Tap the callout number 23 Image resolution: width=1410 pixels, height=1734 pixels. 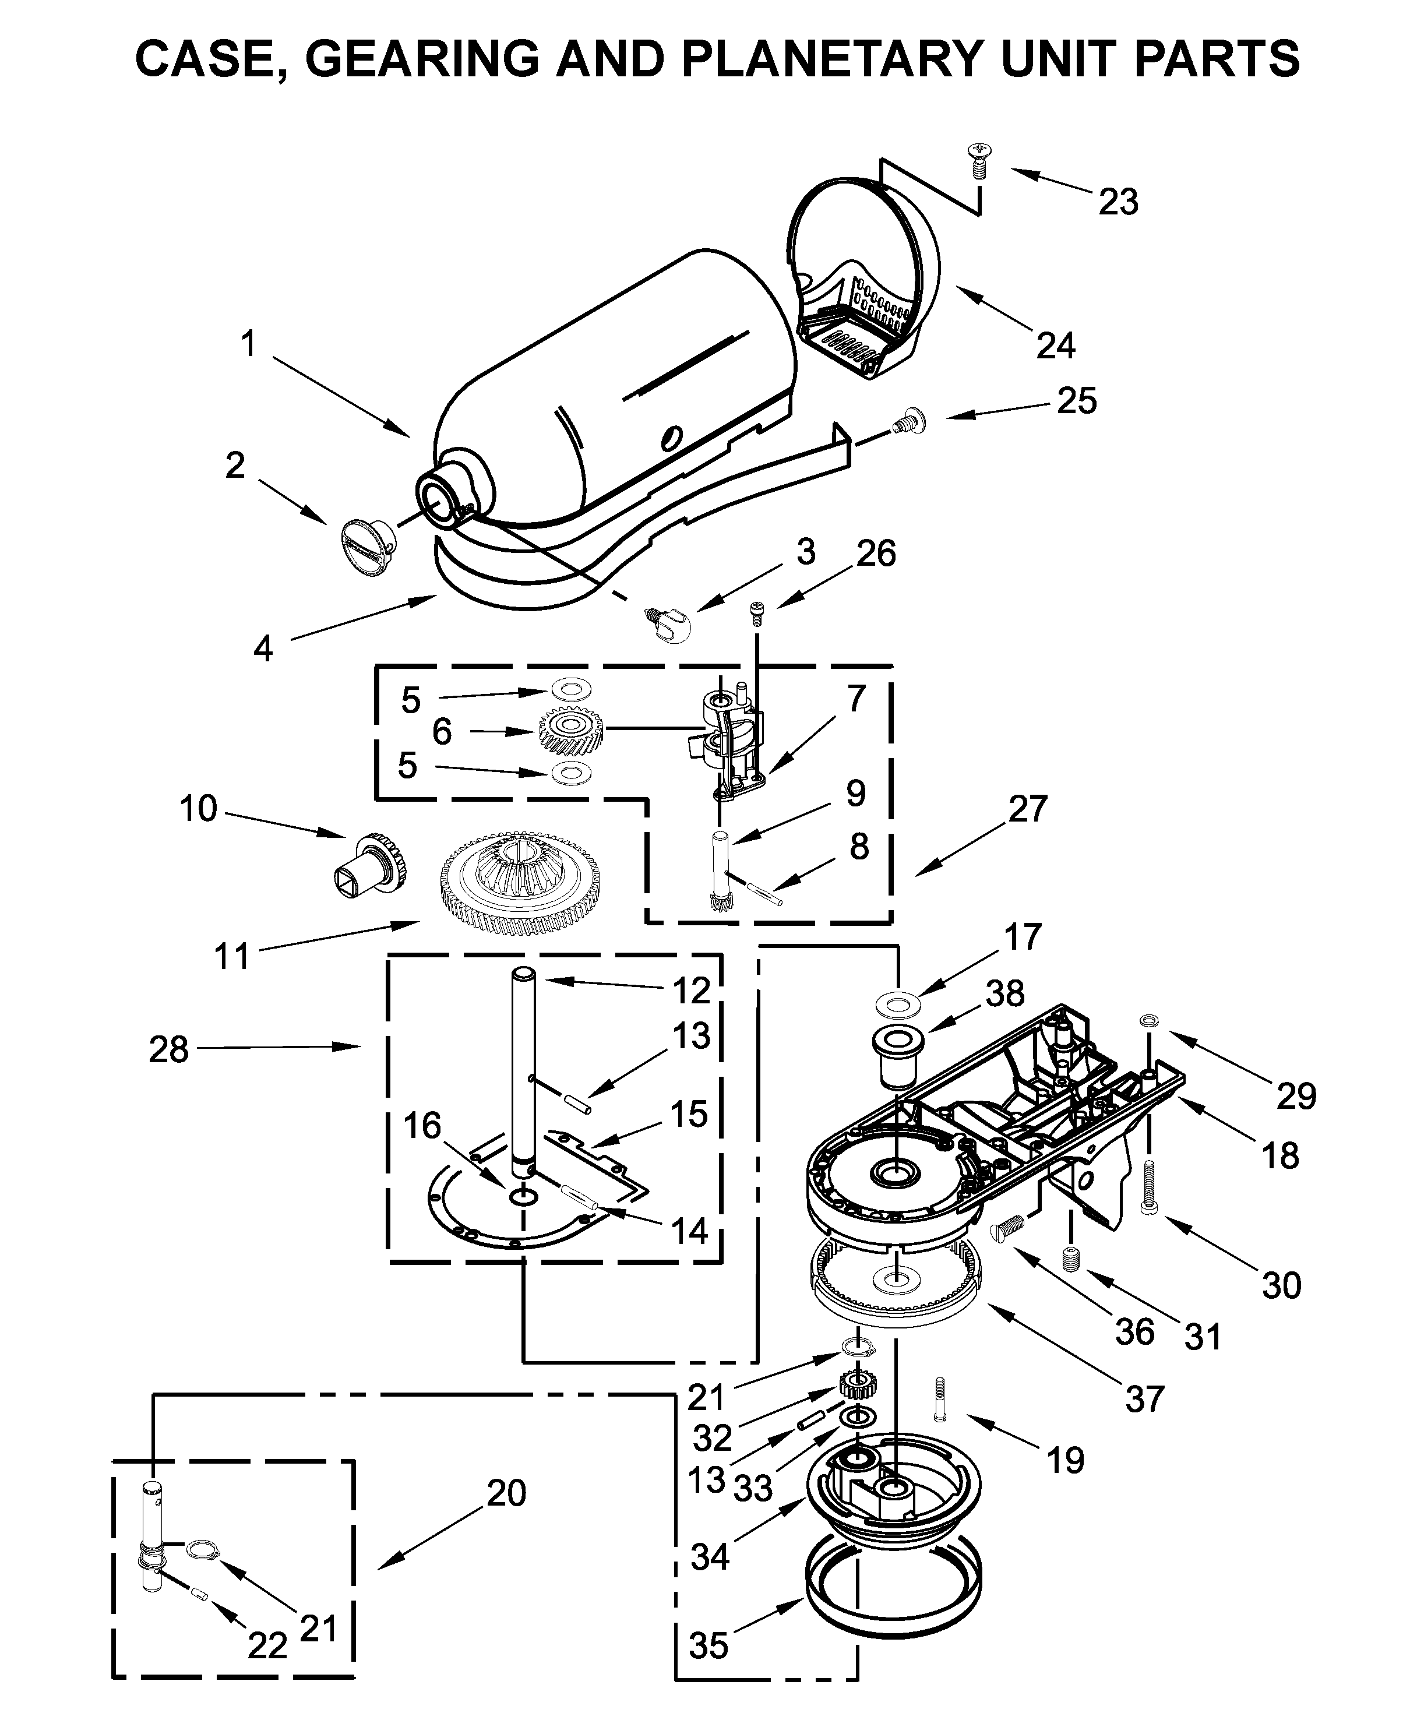click(x=1119, y=202)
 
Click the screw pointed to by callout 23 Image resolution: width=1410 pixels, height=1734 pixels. click(x=979, y=159)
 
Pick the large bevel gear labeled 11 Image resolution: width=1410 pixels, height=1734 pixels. click(x=520, y=882)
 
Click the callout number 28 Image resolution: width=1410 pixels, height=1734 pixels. click(x=168, y=1049)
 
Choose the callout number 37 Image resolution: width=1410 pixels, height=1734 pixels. click(x=1144, y=1398)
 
